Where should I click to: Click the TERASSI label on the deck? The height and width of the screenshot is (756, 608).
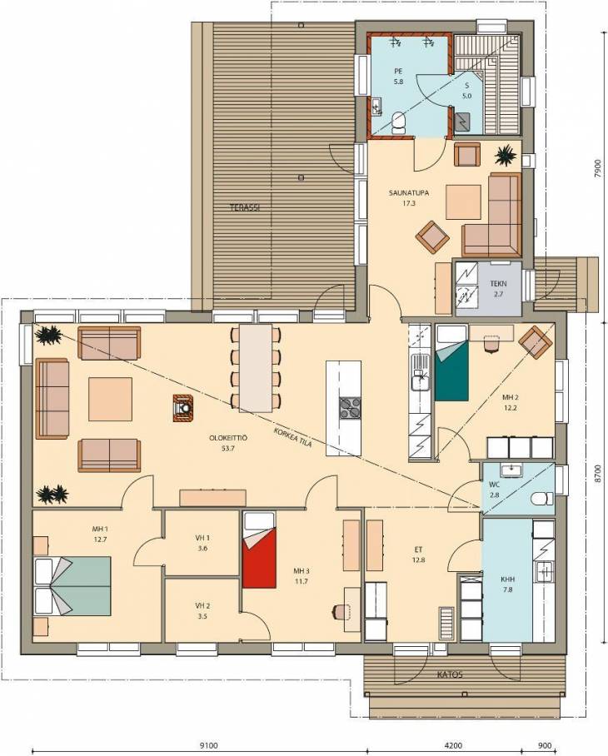pos(245,208)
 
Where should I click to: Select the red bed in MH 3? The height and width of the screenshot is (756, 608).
pos(259,550)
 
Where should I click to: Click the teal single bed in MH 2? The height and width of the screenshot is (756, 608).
pos(451,362)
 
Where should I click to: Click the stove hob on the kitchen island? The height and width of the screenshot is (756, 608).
pos(350,408)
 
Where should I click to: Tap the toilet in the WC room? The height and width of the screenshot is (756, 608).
pos(542,499)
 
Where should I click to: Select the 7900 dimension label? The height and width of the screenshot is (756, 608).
pos(598,169)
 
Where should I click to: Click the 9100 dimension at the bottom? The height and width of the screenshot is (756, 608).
pos(208,745)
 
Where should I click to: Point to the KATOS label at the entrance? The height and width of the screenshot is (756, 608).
pos(450,674)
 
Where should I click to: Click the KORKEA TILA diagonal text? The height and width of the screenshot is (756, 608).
pos(292,437)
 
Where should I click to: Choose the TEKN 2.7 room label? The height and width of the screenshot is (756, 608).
pos(498,288)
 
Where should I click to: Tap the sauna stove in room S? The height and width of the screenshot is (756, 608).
pos(464,122)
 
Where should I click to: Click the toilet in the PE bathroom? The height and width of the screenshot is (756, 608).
pos(398,122)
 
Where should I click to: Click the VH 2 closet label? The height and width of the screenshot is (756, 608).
pos(202,610)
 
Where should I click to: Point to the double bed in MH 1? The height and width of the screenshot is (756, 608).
pos(72,586)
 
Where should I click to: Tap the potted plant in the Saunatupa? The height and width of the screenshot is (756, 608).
pos(507,155)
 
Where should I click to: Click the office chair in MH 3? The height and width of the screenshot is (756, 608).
pos(340,611)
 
